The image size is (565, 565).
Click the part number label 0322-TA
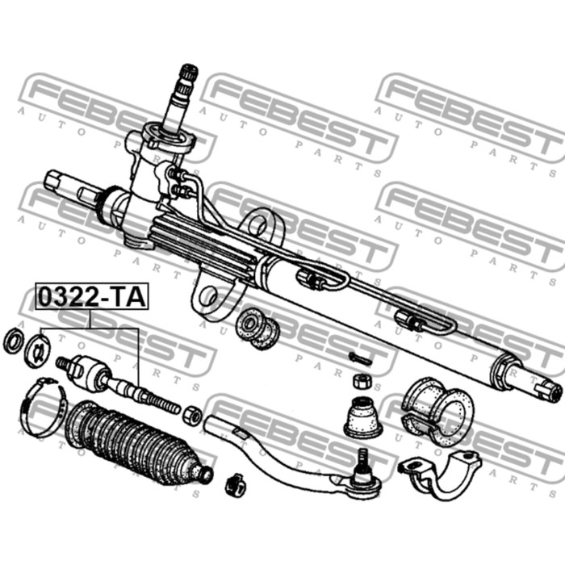(91, 297)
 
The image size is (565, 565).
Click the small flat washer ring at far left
(14, 340)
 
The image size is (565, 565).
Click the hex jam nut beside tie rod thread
(191, 416)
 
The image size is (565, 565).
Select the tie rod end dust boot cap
(363, 417)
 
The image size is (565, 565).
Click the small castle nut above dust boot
(361, 382)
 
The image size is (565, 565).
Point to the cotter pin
(359, 359)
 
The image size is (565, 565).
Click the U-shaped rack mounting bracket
(441, 475)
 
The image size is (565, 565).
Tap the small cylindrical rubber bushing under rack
(257, 329)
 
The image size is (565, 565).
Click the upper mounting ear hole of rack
(257, 225)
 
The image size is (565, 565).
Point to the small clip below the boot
(235, 484)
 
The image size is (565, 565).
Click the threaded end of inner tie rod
(161, 404)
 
